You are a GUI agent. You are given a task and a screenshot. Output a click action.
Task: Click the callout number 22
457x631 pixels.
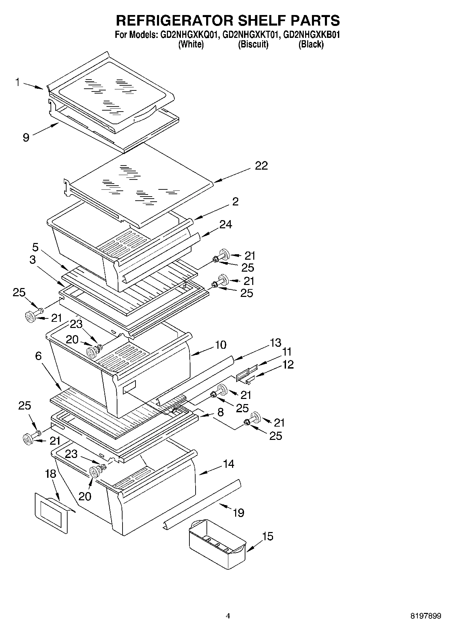tap(261, 166)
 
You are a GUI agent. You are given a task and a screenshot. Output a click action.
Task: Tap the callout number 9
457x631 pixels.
tap(26, 137)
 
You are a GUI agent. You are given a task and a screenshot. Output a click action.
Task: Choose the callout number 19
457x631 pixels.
tap(239, 512)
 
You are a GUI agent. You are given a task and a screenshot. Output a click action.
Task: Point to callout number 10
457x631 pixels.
tap(221, 345)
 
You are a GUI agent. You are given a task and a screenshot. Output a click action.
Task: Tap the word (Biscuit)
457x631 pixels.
tap(253, 44)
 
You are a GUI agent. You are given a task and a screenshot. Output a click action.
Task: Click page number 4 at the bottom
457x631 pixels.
tap(228, 616)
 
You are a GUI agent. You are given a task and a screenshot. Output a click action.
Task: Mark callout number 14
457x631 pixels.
tap(228, 464)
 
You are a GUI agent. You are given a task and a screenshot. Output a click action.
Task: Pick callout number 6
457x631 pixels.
tap(38, 356)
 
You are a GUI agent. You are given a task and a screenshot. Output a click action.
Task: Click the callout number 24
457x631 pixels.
tap(226, 224)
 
